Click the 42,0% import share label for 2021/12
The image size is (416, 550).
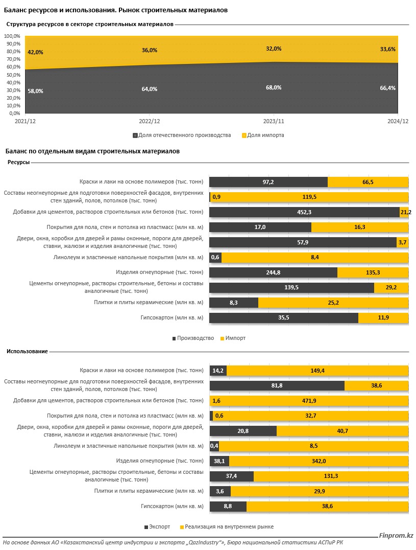(35, 52)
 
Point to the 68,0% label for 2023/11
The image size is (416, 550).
(273, 87)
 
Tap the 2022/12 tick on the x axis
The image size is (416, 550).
(150, 121)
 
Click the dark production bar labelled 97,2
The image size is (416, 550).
(268, 182)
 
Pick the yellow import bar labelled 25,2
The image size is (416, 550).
(333, 303)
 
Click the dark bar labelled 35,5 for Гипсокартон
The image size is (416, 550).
(283, 318)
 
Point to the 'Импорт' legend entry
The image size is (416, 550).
(232, 338)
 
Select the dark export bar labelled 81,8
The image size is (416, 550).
(277, 385)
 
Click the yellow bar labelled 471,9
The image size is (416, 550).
(310, 400)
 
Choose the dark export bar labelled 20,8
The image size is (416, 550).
(243, 431)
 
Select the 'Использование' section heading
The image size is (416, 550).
(27, 351)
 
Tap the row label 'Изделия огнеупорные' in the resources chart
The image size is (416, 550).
(160, 272)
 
